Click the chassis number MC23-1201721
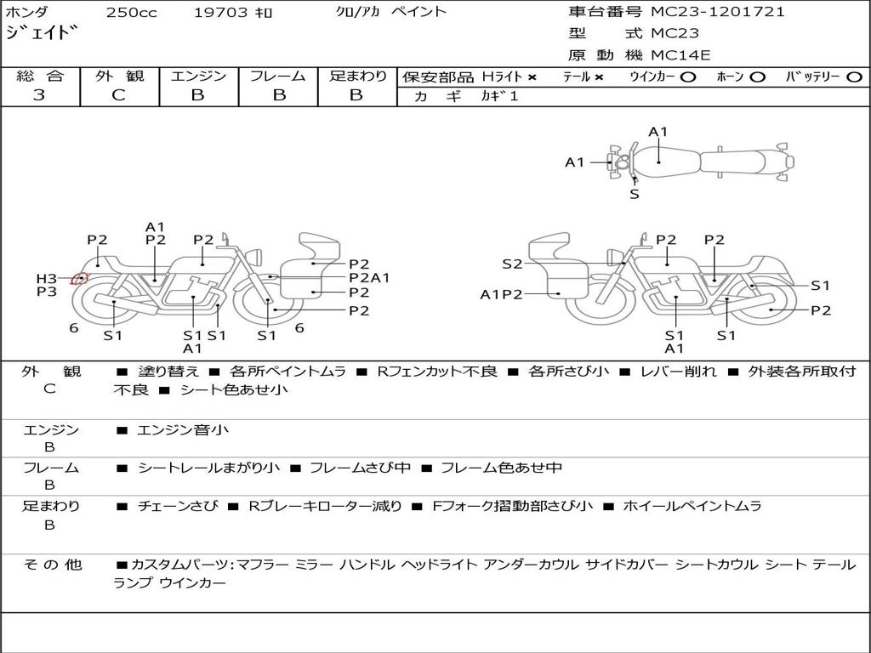718,12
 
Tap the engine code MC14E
680,55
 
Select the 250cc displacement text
132,13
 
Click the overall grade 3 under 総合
39,95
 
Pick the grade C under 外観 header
118,95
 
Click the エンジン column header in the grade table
198,76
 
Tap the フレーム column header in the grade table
278,76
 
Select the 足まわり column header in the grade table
357,76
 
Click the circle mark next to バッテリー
854,77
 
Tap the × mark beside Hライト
532,77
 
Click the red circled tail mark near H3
79,279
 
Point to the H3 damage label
47,279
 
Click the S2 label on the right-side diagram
512,264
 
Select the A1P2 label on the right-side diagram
501,294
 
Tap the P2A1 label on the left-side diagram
369,278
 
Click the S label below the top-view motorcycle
635,195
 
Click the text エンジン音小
183,429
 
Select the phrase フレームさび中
360,468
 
